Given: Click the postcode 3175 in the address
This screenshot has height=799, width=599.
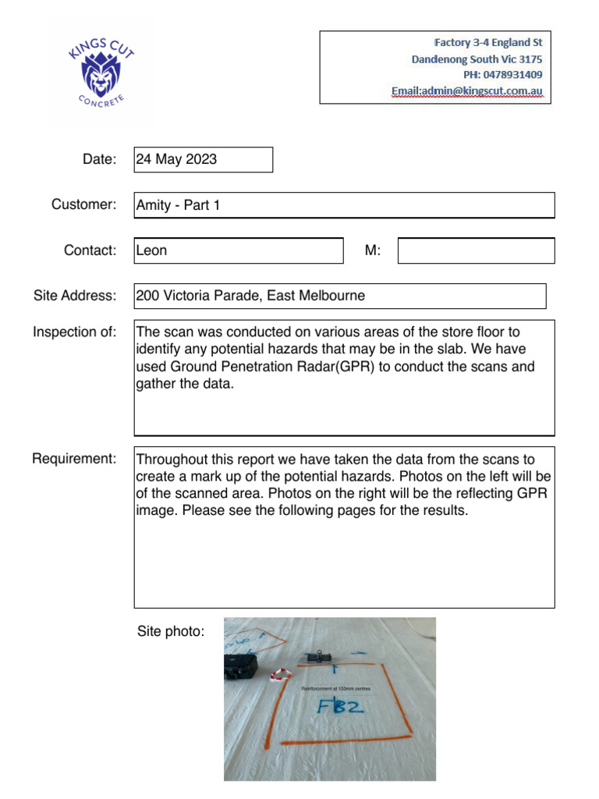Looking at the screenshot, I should (x=528, y=59).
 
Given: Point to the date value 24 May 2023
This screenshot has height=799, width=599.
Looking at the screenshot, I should (x=177, y=160).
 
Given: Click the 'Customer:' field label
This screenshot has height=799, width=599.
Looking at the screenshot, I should (x=83, y=204).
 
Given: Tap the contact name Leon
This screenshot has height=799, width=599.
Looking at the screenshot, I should (x=152, y=250).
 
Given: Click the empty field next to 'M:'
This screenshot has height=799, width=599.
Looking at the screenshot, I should (x=476, y=250).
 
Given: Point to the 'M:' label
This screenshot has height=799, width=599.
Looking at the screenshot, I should (x=373, y=250).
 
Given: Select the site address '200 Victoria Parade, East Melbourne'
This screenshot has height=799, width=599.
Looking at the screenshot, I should (x=250, y=296).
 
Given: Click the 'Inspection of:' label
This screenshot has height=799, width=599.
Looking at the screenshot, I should (x=75, y=332).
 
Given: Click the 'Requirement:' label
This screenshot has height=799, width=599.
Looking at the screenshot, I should (x=74, y=458).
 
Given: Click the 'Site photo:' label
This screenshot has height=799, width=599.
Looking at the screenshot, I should (x=171, y=630).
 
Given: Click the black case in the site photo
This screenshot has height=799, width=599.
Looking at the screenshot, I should (x=241, y=666).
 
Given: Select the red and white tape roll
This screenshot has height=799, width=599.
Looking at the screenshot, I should (x=279, y=674).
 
